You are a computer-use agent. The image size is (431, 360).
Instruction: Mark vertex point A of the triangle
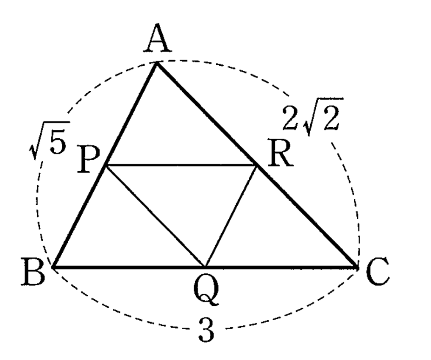pyautogui.click(x=157, y=62)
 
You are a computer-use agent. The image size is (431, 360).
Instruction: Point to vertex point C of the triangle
pyautogui.click(x=356, y=267)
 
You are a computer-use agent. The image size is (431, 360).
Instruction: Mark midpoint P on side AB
pyautogui.click(x=106, y=165)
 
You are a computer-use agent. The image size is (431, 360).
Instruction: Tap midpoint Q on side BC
pyautogui.click(x=205, y=267)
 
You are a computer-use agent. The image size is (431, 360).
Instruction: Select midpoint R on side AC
pyautogui.click(x=257, y=165)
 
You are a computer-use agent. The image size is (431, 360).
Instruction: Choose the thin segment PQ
pyautogui.click(x=155, y=216)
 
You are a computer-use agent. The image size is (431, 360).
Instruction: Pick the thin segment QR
pyautogui.click(x=231, y=216)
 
